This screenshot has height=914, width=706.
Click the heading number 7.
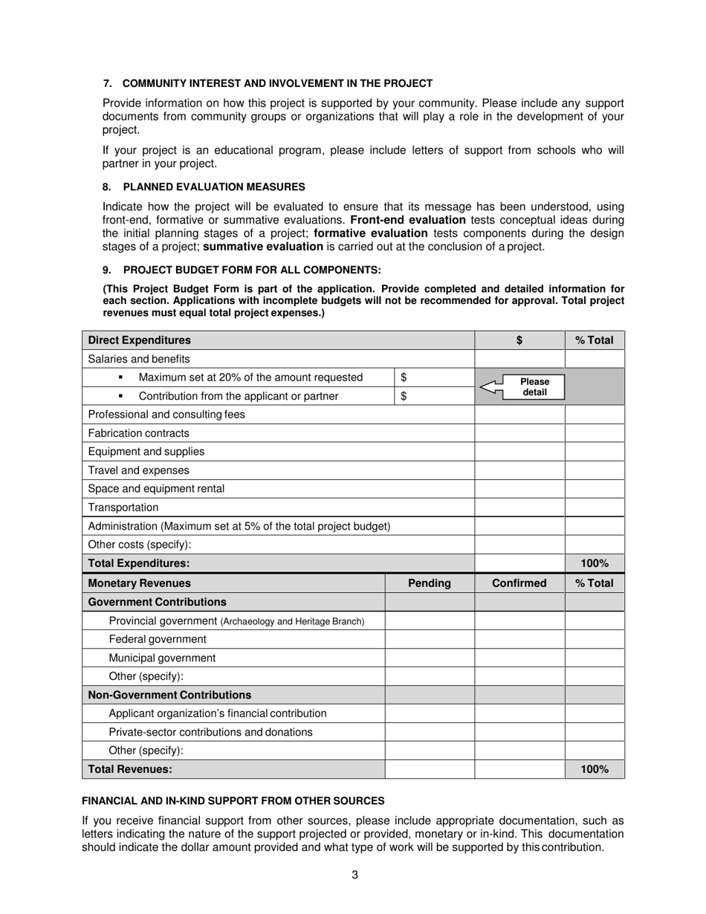107,83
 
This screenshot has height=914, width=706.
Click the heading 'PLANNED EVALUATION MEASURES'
213,187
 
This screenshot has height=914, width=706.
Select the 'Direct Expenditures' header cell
140,340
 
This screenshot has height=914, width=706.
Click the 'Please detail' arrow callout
522,386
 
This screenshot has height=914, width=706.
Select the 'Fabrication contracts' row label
139,433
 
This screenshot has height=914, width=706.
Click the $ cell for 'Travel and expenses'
519,470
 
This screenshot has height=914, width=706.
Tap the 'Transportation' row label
123,508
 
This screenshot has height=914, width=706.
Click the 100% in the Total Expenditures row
595,564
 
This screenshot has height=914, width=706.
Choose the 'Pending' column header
430,583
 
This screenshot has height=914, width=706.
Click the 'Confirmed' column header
519,583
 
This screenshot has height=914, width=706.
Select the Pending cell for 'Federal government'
430,639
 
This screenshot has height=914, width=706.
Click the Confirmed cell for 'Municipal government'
519,658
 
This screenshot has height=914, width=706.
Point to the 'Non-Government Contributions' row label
169,695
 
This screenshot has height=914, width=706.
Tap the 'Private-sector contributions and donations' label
210,732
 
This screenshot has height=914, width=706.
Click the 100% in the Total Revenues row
595,770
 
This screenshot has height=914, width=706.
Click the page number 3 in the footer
354,875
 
